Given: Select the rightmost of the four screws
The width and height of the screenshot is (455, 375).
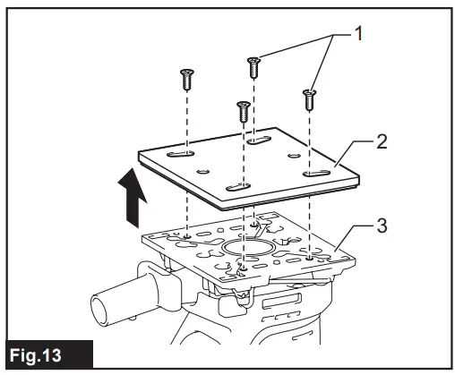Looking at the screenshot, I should pos(309,98).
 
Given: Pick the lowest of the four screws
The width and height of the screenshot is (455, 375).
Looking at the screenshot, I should pos(242,112).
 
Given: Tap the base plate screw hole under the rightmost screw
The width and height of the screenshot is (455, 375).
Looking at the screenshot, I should pos(309,256).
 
